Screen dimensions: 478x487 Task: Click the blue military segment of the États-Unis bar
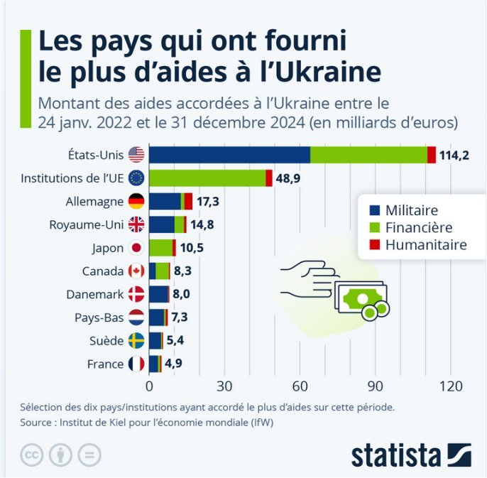(x=229, y=155)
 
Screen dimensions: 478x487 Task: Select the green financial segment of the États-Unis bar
(x=368, y=155)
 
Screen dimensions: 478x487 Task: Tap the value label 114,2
(x=454, y=156)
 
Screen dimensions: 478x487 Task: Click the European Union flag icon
(x=136, y=178)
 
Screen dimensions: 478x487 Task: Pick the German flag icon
(x=136, y=201)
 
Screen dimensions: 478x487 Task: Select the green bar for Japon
(x=161, y=247)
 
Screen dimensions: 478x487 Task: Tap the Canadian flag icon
(x=136, y=271)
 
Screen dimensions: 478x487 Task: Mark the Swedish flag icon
(x=136, y=340)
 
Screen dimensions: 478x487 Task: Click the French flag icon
(x=136, y=364)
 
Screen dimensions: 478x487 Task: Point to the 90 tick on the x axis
(x=376, y=386)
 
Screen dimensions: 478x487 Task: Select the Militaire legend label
(x=412, y=210)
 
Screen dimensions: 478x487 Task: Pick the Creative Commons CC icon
(x=31, y=455)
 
